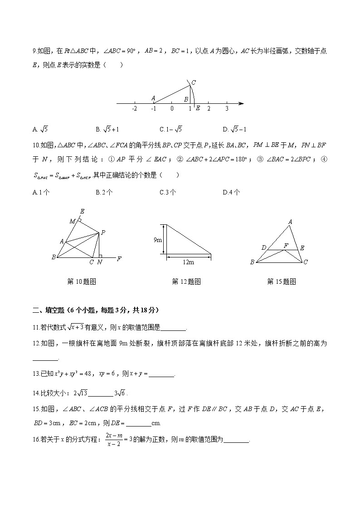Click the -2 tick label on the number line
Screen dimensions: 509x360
click(134, 109)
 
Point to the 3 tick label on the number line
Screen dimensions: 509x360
click(227, 109)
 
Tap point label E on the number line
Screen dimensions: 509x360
click(198, 108)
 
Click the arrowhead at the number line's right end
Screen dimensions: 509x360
click(241, 104)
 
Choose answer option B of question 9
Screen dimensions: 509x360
click(107, 129)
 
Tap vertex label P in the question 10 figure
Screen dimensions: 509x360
click(103, 233)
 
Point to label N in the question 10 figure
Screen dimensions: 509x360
click(99, 262)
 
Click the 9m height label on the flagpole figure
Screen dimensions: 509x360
click(158, 239)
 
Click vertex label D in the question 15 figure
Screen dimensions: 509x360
click(263, 247)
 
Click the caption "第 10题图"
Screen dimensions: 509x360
click(82, 281)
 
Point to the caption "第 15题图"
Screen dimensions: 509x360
click(282, 281)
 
